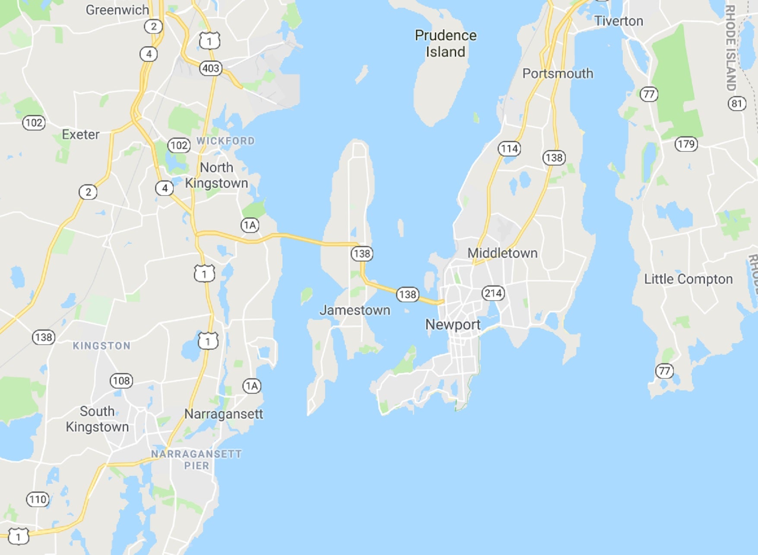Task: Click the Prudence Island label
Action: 446,44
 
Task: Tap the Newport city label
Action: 453,325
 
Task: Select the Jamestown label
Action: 355,310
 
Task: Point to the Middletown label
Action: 502,253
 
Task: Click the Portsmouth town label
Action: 558,73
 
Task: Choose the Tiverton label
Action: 618,21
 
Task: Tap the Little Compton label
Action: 688,279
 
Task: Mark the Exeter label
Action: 81,134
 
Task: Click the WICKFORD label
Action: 225,141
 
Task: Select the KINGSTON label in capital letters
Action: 101,346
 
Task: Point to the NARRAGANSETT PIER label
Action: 197,459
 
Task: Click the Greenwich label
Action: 117,10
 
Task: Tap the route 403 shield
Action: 211,68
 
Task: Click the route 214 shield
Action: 493,293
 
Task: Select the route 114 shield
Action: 510,149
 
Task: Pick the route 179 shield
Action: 686,144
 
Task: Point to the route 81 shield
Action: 737,104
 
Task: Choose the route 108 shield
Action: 121,381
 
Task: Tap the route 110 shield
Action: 38,500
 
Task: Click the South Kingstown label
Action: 97,419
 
